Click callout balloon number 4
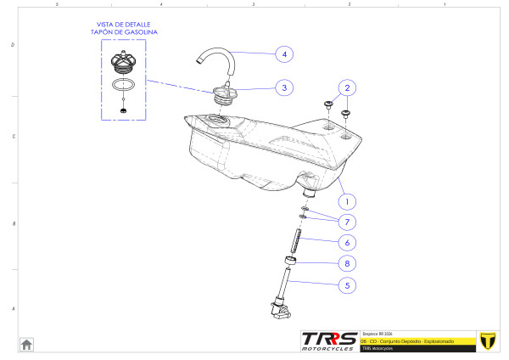point(284,53)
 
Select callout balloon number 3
point(284,87)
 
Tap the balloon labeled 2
point(345,87)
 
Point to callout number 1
point(345,202)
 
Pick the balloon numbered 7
point(345,222)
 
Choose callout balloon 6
point(345,242)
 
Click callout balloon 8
point(345,263)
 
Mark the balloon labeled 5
point(345,285)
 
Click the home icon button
point(27,344)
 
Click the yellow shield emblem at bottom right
point(487,340)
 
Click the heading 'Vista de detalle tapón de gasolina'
point(125,28)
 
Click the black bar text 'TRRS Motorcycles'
point(378,348)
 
